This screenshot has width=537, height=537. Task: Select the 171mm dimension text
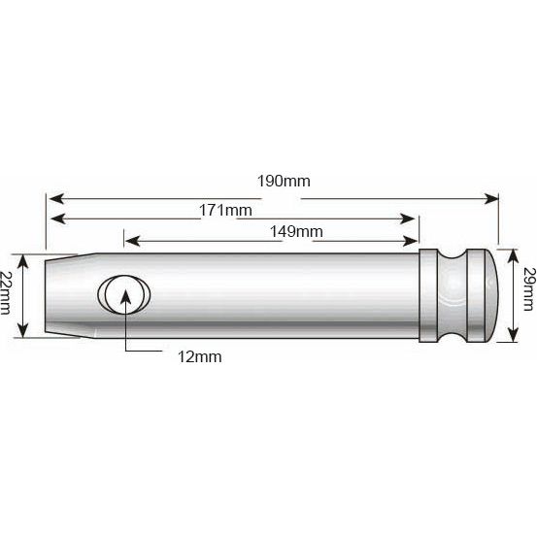(225, 210)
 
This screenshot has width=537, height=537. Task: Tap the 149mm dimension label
(297, 231)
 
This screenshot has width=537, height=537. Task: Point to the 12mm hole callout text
(201, 356)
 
